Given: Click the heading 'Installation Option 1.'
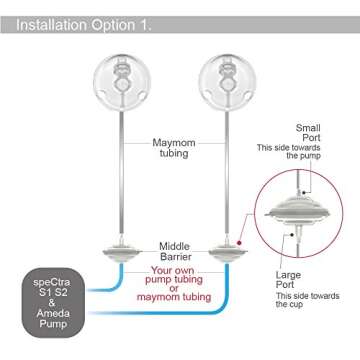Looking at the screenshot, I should [85, 17].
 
